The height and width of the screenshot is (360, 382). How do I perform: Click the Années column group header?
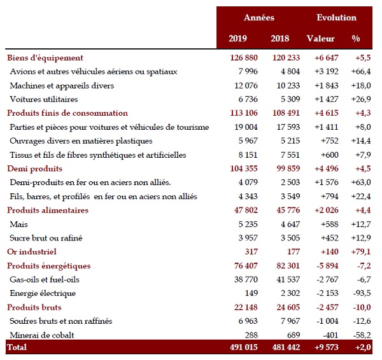click(259, 17)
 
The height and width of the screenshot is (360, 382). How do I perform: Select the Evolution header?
click(336, 17)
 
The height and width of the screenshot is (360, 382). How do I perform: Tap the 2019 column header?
click(238, 39)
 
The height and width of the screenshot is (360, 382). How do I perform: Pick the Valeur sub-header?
click(321, 39)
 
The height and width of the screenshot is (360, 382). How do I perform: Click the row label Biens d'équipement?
click(45, 57)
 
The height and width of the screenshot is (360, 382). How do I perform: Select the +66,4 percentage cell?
click(361, 71)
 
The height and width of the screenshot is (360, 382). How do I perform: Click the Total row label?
click(17, 349)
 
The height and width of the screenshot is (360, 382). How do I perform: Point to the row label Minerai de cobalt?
click(43, 335)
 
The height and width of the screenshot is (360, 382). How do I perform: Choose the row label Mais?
click(19, 224)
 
